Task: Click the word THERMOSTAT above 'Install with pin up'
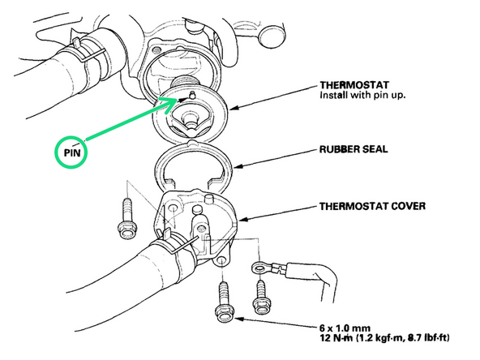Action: point(354,85)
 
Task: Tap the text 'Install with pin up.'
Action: point(362,95)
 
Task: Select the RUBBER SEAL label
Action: point(354,149)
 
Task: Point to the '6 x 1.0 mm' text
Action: point(345,328)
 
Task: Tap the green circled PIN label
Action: point(71,152)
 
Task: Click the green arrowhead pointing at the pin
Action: point(170,104)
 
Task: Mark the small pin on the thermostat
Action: point(192,95)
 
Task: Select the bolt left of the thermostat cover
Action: point(126,219)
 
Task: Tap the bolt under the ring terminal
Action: point(261,296)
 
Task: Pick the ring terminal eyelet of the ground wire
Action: point(259,268)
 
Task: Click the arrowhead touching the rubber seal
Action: point(238,166)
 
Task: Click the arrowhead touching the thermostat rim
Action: point(235,107)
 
